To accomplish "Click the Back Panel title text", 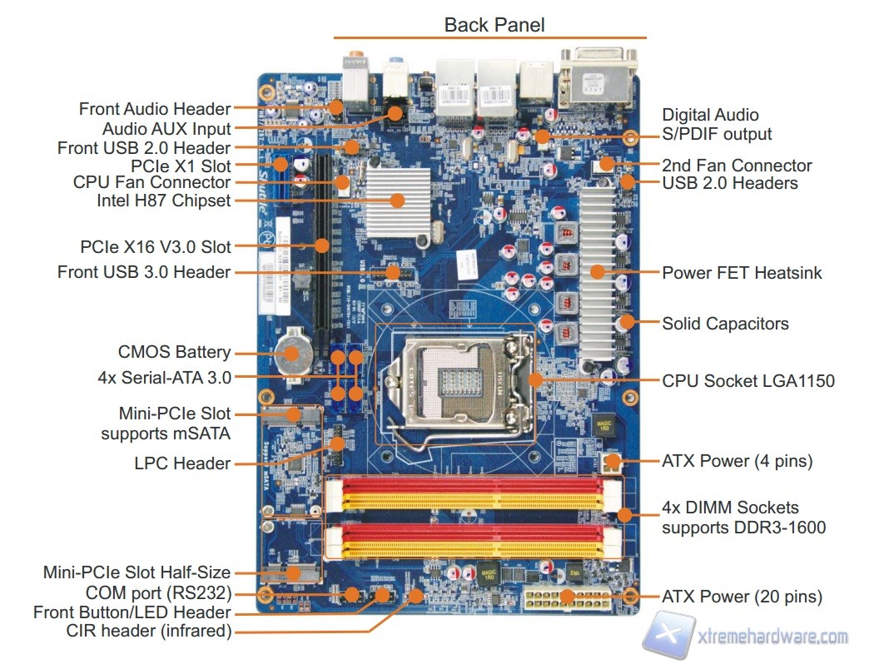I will pyautogui.click(x=494, y=24).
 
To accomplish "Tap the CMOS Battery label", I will pyautogui.click(x=175, y=352).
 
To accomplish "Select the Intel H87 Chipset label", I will pyautogui.click(x=165, y=201).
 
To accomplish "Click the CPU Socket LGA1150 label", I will pyautogui.click(x=747, y=381).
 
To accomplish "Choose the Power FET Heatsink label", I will pyautogui.click(x=742, y=272).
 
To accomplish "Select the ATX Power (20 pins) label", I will pyautogui.click(x=742, y=597).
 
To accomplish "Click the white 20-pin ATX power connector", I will pyautogui.click(x=566, y=597).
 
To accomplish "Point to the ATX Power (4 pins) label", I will pyautogui.click(x=737, y=460).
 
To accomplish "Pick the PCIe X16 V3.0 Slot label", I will pyautogui.click(x=156, y=246).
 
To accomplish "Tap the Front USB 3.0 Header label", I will pyautogui.click(x=144, y=272).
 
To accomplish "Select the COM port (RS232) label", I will pyautogui.click(x=159, y=593).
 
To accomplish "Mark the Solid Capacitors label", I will pyautogui.click(x=725, y=323).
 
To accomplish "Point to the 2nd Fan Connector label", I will pyautogui.click(x=737, y=165).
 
